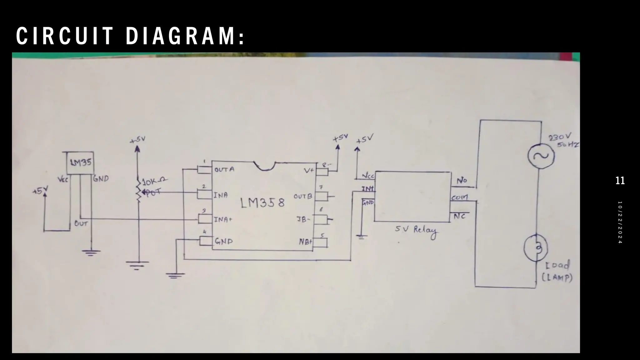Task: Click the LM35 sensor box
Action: click(x=81, y=163)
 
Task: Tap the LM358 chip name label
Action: click(x=262, y=203)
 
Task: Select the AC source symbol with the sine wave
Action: click(x=541, y=156)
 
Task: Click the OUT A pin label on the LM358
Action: click(x=224, y=170)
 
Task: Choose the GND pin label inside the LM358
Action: click(x=223, y=242)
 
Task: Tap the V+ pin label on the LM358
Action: click(x=309, y=171)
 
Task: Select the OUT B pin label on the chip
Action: click(x=302, y=197)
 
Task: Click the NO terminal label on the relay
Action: click(x=462, y=181)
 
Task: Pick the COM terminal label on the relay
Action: click(x=459, y=197)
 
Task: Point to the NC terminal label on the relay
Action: click(x=459, y=216)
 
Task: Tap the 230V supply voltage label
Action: click(x=560, y=137)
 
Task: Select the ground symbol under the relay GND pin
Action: click(x=361, y=237)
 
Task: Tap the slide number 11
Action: click(x=620, y=181)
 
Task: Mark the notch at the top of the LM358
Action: click(x=264, y=166)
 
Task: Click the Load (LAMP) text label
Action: click(x=557, y=271)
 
